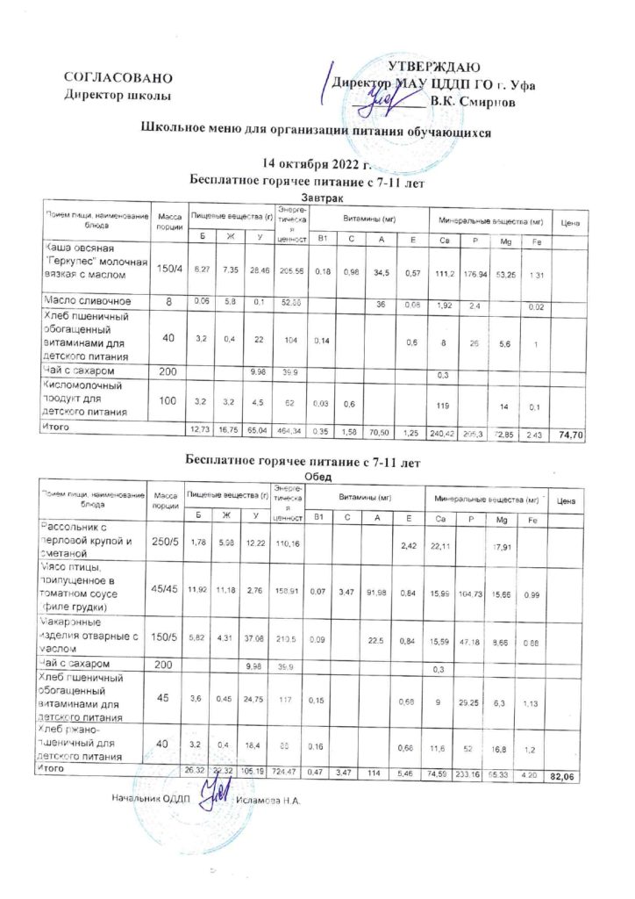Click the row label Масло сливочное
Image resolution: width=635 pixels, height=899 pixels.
(87, 303)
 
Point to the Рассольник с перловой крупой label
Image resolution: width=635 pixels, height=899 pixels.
(88, 539)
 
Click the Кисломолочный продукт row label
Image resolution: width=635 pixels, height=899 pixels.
(88, 398)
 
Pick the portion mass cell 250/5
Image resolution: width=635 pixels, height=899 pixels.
(167, 543)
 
